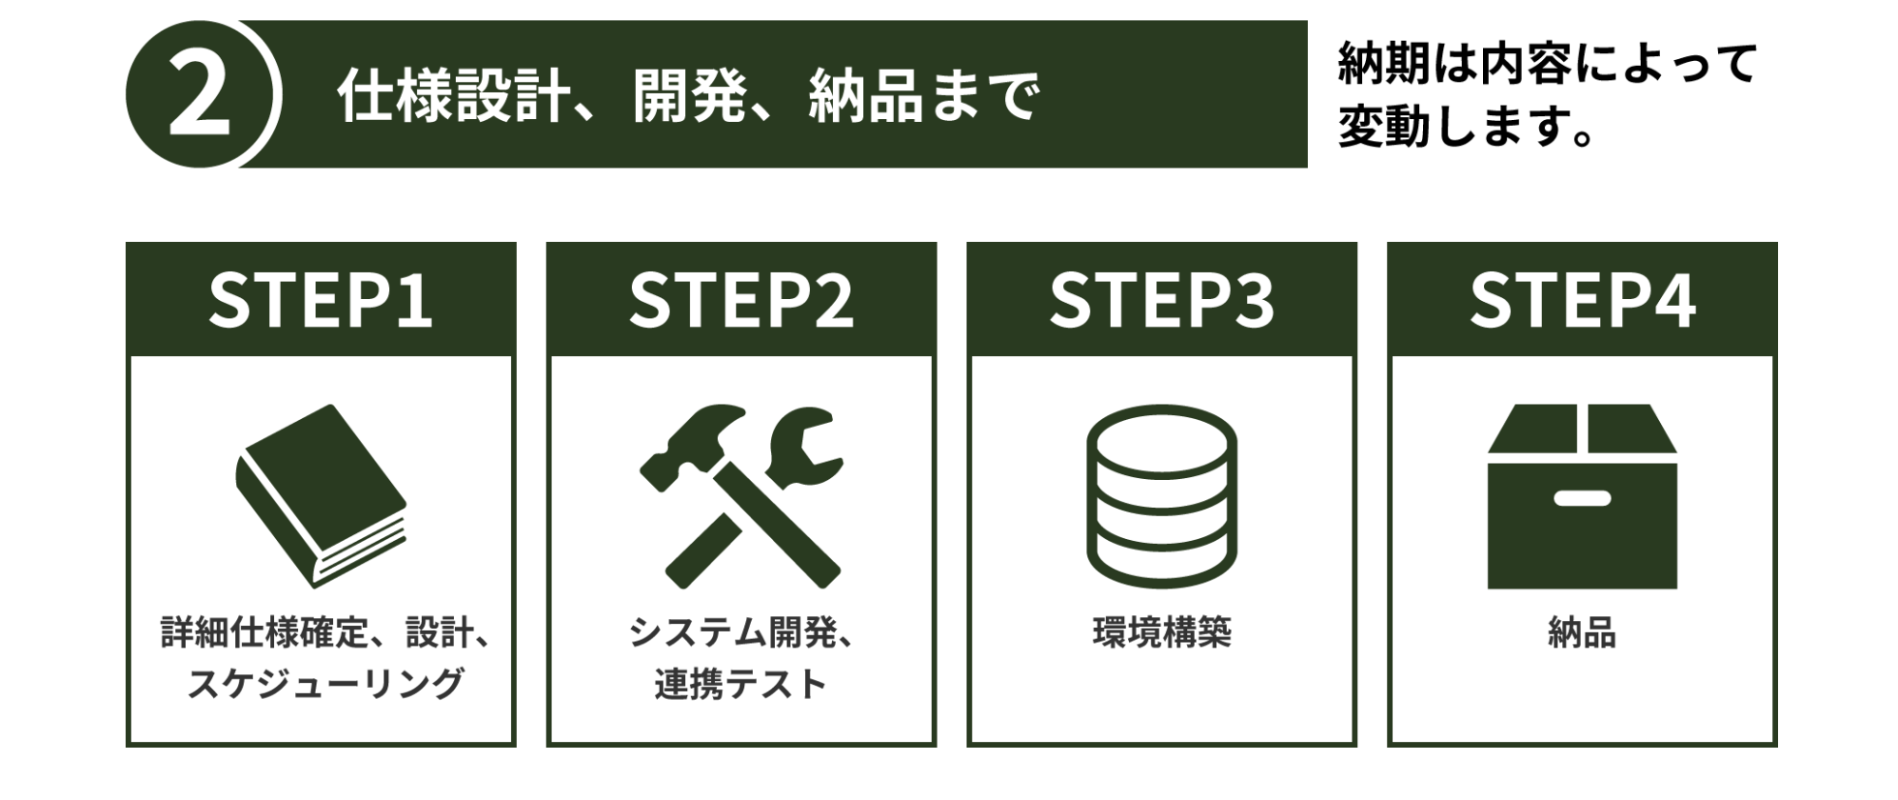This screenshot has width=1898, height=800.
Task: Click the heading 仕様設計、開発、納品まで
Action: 687,96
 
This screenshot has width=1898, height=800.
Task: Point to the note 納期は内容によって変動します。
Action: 1546,94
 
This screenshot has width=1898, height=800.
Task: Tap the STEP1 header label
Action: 321,301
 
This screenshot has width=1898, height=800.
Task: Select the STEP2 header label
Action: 741,301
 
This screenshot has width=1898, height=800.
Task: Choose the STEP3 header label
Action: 1161,301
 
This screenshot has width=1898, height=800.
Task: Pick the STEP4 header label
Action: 1582,301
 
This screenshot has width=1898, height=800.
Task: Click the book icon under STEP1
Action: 321,494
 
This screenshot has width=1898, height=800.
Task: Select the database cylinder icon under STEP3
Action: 1161,495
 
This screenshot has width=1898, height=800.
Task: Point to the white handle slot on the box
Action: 1582,498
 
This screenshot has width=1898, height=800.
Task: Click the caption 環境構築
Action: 1161,633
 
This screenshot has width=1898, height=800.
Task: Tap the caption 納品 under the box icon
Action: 1582,633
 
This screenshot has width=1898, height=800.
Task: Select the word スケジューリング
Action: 325,684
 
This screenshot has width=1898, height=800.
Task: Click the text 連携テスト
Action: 741,684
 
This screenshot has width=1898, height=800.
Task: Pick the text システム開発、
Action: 741,633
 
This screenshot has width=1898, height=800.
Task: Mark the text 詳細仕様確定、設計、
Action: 325,633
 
